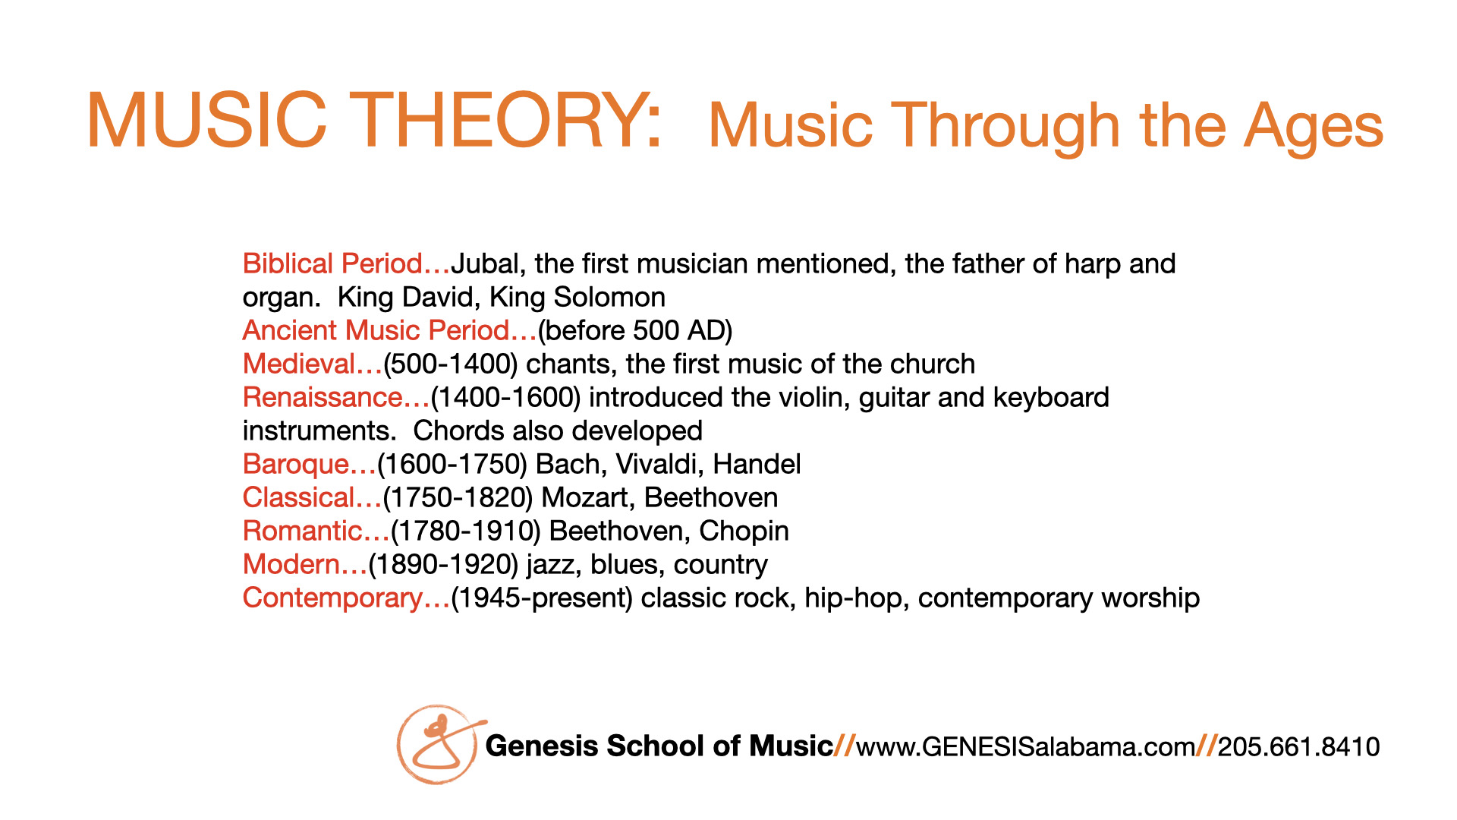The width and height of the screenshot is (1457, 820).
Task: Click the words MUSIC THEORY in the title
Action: (375, 121)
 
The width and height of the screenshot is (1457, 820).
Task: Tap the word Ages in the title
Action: (1314, 128)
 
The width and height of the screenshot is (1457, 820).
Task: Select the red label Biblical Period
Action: (332, 263)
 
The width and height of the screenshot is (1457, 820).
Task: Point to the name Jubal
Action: (486, 264)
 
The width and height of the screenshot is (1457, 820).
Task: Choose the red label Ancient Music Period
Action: (376, 330)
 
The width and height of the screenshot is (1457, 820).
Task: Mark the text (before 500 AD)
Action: (635, 331)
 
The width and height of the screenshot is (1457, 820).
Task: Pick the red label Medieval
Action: (299, 364)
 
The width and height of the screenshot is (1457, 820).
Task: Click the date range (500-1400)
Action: (451, 364)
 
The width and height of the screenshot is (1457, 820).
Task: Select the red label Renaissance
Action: (323, 397)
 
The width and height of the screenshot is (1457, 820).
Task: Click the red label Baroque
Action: (295, 465)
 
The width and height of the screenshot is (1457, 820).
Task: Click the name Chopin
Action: (744, 531)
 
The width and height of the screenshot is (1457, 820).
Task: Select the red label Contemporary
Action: (332, 598)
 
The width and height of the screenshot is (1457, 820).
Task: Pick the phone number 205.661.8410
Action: (1298, 746)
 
